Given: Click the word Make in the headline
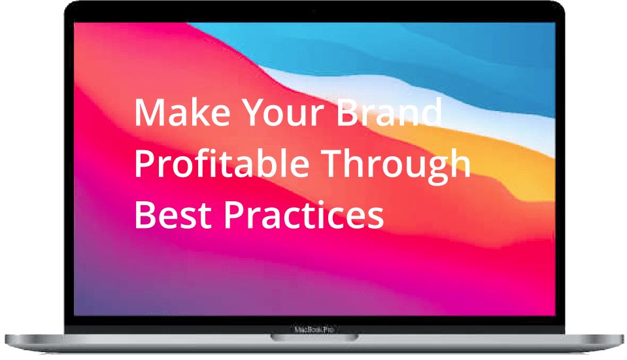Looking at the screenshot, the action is pos(182,112).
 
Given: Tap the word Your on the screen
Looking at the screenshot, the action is pos(282,112).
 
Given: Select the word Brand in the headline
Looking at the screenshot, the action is pos(389,112).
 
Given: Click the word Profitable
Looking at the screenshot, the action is pos(222,163).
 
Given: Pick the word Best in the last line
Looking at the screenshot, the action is pos(173,214).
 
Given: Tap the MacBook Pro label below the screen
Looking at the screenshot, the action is pos(314,330).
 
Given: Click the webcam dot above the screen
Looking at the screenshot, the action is pos(314,12).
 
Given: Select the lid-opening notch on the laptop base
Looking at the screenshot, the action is pos(314,338).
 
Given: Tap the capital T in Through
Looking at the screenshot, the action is pos(332,163).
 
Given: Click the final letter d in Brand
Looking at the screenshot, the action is pos(431,112).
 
